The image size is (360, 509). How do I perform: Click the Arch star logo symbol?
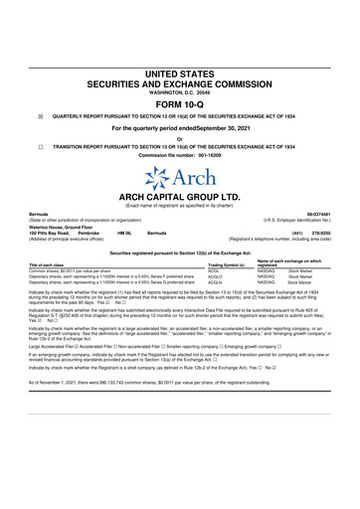155,178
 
